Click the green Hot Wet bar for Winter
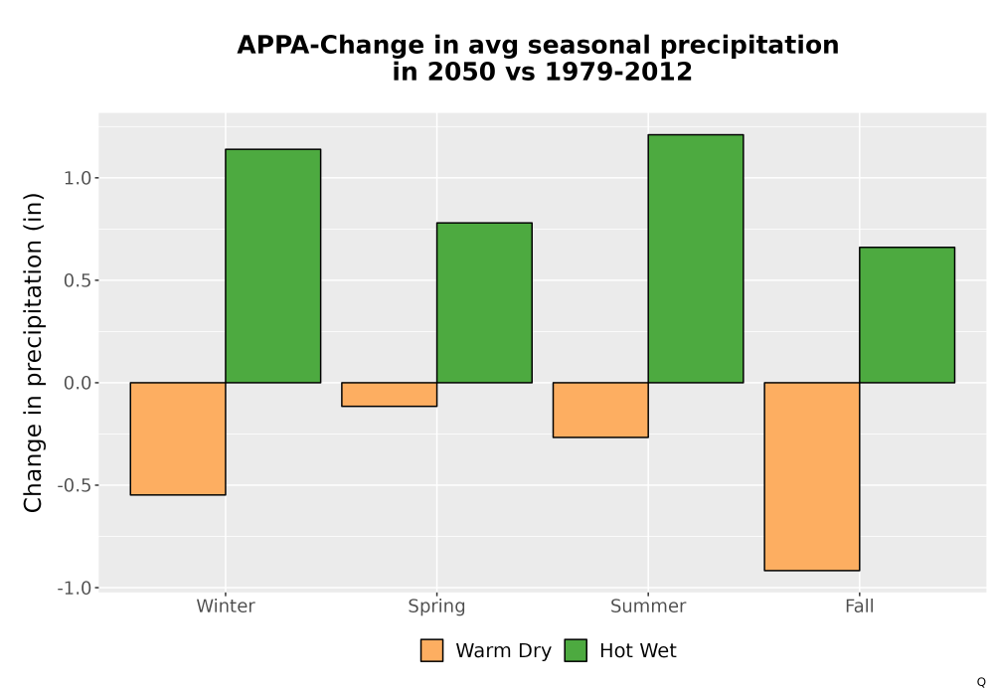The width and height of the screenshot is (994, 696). (x=273, y=266)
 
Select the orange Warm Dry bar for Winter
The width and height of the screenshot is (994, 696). (x=178, y=438)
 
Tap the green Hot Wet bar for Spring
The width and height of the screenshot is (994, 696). (x=484, y=303)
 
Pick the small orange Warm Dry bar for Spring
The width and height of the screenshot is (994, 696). (x=390, y=395)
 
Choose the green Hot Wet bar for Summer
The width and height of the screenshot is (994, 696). (x=696, y=259)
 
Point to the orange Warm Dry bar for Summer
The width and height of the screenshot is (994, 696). (x=600, y=410)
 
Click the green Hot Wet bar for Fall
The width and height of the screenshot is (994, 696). (x=908, y=315)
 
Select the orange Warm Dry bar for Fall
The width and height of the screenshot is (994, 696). (x=812, y=476)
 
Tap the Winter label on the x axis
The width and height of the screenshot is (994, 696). (x=226, y=606)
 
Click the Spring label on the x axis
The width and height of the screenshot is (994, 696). (x=436, y=607)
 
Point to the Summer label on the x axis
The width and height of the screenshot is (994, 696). (x=648, y=606)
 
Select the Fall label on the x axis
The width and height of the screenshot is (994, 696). (x=860, y=606)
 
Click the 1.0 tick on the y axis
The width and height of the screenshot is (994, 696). (x=78, y=178)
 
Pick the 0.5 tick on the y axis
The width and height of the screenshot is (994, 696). (x=78, y=280)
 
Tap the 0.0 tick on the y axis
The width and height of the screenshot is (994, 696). (x=78, y=383)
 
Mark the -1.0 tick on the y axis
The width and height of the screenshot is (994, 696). (x=75, y=589)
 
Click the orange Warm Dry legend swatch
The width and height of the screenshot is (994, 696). (x=431, y=650)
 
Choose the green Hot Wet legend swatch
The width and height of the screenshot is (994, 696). (x=576, y=650)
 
